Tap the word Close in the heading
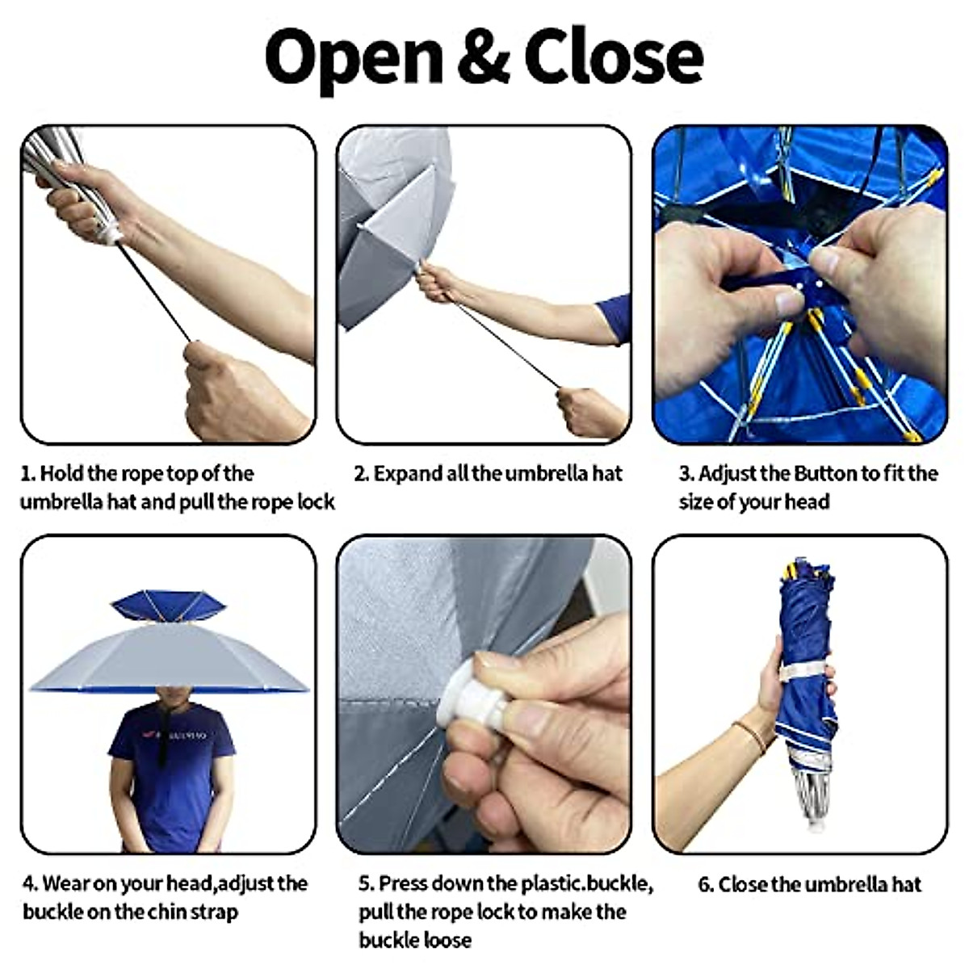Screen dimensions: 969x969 coord(614,57)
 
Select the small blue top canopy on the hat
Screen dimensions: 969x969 coord(168,605)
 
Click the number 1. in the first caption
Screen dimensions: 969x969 coord(27,474)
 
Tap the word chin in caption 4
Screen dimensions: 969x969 coord(167,912)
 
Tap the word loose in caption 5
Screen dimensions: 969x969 coord(443,941)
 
